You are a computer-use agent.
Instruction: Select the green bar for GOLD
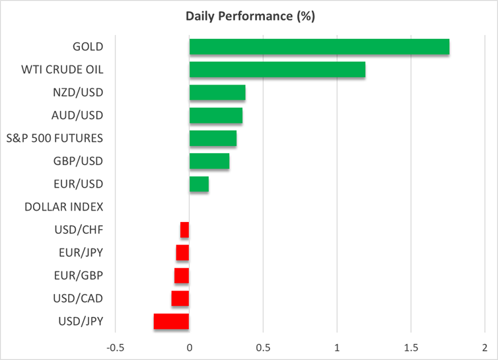[x=319, y=47]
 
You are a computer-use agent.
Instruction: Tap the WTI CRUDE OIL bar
[x=277, y=70]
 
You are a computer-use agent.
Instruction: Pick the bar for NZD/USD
[x=217, y=92]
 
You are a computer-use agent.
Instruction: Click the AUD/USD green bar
[x=215, y=116]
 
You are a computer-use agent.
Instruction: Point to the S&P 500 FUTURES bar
[x=213, y=138]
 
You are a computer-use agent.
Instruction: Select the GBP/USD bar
[x=209, y=161]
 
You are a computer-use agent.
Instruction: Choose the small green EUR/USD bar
[x=199, y=184]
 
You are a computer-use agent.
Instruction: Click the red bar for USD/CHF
[x=185, y=230]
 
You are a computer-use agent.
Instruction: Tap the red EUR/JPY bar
[x=183, y=253]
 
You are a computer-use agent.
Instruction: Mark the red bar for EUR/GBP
[x=182, y=275]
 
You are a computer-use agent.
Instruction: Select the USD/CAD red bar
[x=180, y=299]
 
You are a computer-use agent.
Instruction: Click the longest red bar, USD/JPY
[x=172, y=322]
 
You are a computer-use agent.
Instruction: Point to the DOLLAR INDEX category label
[x=64, y=207]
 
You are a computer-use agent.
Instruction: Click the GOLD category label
[x=89, y=47]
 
